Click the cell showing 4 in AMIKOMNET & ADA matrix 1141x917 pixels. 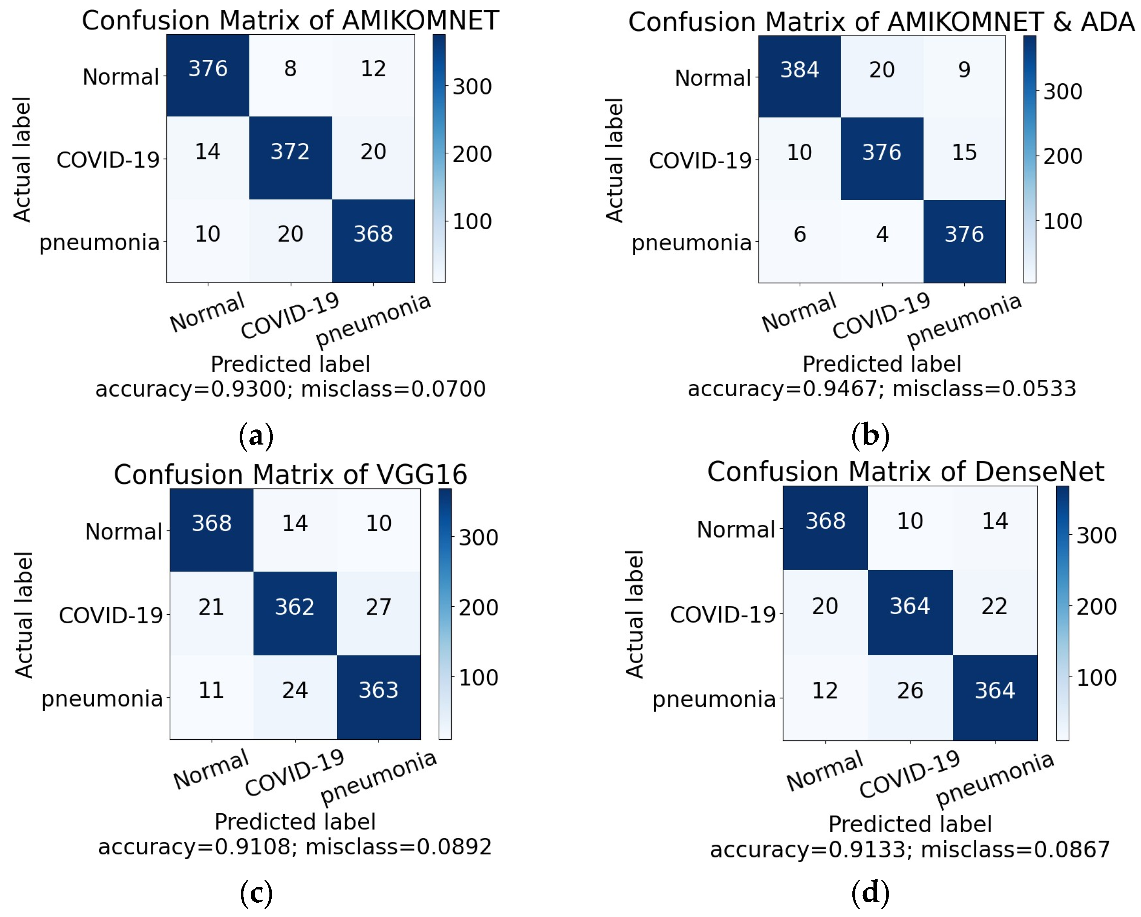tap(882, 241)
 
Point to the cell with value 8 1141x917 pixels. tap(291, 75)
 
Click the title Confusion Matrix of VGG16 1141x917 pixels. tap(291, 474)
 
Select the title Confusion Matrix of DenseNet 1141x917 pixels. tap(905, 471)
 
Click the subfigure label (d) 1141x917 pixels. tap(870, 893)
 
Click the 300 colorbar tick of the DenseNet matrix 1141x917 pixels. tap(1096, 536)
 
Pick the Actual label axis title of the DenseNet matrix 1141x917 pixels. tap(634, 614)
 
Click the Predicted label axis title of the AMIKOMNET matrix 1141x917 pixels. tap(291, 364)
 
